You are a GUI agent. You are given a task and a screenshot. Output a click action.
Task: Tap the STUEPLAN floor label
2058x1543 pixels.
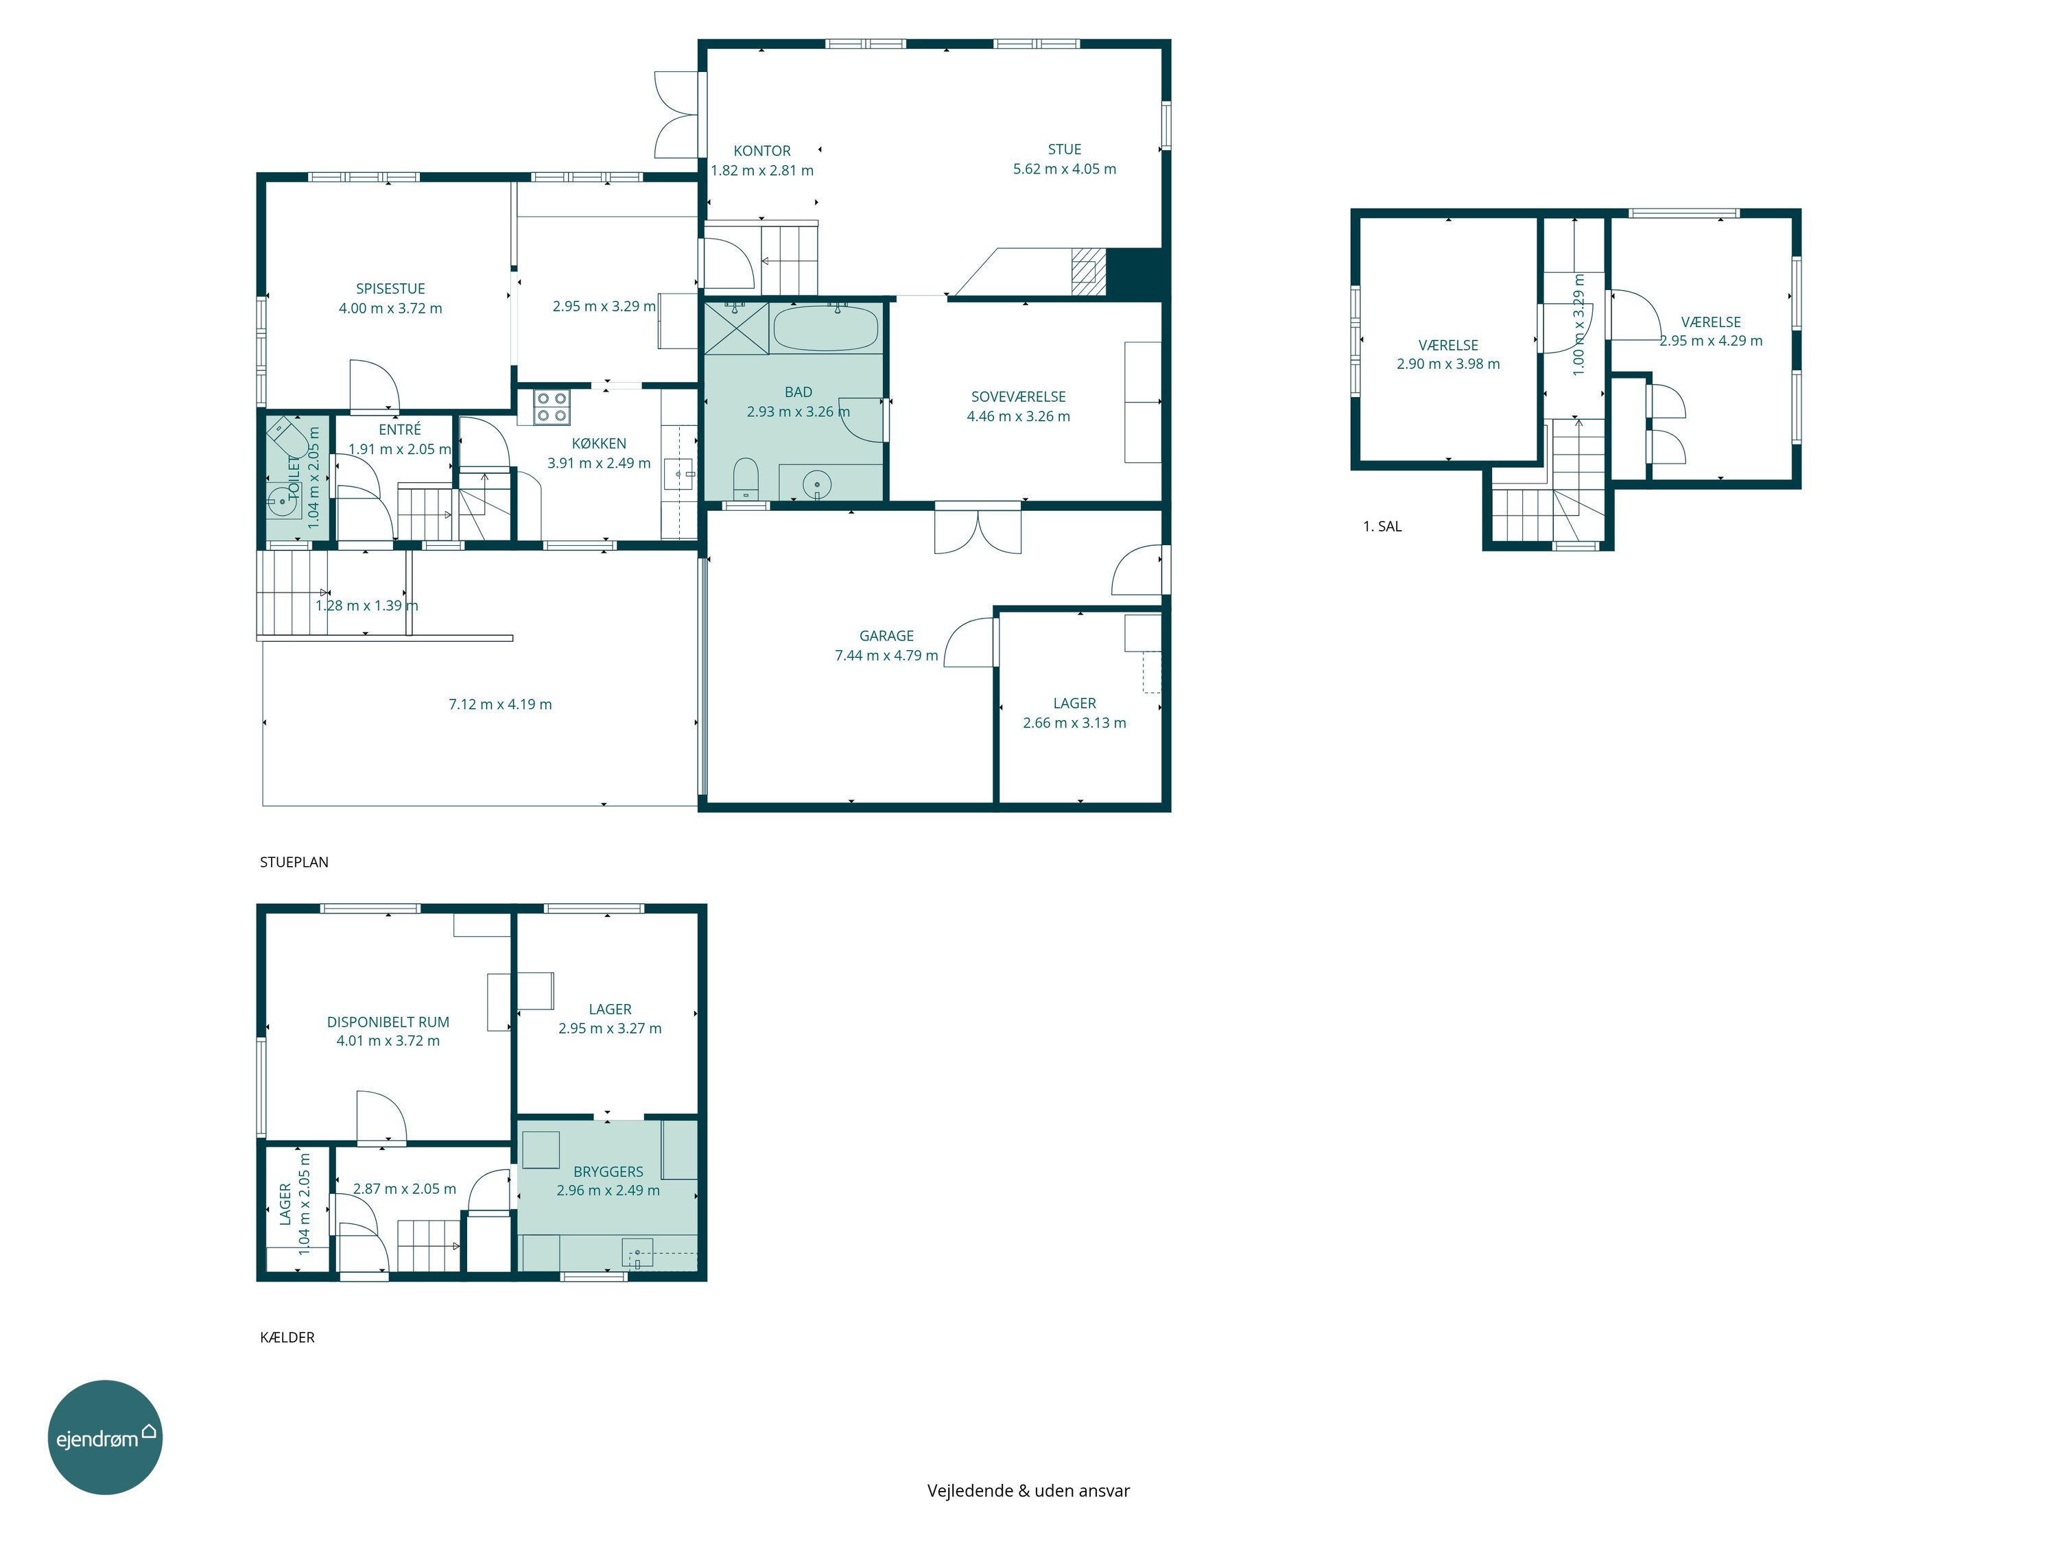(294, 862)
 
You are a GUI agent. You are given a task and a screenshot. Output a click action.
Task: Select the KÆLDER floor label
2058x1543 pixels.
(287, 1337)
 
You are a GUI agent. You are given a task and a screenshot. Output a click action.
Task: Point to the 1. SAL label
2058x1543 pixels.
(1382, 527)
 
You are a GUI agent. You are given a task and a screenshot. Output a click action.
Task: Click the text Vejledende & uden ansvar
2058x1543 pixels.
(1028, 1491)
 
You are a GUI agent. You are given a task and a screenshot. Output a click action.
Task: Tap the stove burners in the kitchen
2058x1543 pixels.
(552, 407)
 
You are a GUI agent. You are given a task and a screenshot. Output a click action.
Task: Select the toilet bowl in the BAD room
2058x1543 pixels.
(745, 478)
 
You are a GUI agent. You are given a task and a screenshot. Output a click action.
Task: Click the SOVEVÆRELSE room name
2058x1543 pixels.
(1019, 397)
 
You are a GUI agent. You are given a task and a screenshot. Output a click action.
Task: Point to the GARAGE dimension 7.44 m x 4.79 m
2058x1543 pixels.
(886, 656)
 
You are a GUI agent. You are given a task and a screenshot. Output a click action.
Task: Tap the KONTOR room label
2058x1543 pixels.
(762, 151)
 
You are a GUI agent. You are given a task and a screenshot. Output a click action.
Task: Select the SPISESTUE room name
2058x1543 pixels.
(391, 289)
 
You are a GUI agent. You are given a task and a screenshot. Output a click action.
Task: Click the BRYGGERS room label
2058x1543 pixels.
(608, 1172)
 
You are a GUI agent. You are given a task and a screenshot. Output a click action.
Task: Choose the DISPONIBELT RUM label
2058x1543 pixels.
(388, 1022)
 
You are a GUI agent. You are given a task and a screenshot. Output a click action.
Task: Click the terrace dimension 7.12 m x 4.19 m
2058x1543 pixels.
(501, 705)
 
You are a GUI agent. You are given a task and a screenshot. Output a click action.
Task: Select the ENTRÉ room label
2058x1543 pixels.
(400, 430)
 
